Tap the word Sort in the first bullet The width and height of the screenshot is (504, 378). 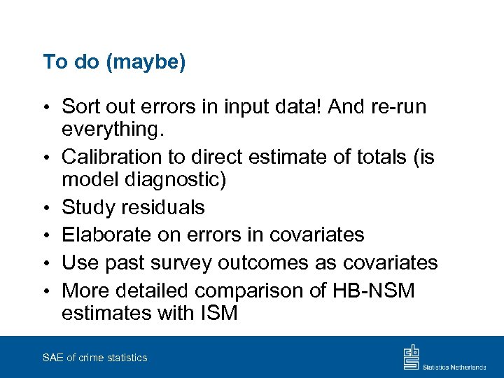pos(81,106)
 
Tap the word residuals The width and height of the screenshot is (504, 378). pos(163,207)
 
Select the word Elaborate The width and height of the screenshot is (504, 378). pos(107,234)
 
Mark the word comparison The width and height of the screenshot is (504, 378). pos(262,290)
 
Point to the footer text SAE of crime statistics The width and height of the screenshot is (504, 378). pos(94,358)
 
